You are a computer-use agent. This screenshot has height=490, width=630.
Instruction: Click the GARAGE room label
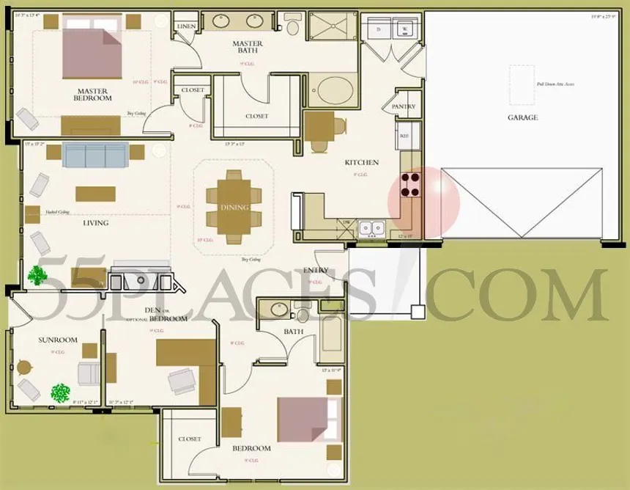pos(522,117)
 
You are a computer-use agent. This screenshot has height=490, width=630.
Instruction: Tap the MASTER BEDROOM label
pos(93,95)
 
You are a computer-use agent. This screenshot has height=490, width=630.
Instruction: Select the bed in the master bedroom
pos(92,48)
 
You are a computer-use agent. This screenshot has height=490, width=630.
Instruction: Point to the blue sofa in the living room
pos(96,155)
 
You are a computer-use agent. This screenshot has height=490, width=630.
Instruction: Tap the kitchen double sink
pos(372,227)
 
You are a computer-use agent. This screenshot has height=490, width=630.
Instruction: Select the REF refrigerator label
pos(404,136)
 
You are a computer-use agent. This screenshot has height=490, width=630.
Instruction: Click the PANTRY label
pos(403,106)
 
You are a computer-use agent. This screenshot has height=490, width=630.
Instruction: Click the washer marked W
pos(404,29)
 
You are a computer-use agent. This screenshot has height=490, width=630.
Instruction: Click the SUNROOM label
pos(58,340)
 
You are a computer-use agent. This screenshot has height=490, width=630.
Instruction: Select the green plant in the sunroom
pos(60,392)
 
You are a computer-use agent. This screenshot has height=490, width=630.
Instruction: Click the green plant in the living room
pos(36,275)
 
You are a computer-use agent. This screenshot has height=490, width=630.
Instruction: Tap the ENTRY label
pos(316,271)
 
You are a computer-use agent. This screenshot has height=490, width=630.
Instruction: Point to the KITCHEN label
pos(362,162)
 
